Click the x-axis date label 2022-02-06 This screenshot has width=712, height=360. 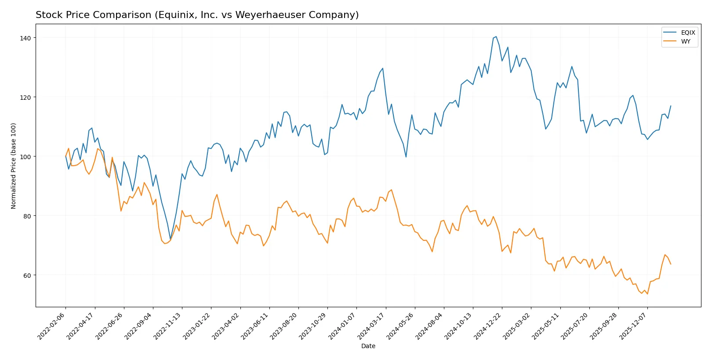pos(52,326)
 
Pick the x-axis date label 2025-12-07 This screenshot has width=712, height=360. pos(633,326)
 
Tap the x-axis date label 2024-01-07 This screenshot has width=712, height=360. pos(342,326)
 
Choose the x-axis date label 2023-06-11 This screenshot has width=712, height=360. pos(255,326)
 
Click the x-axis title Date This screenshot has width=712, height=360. pos(368,346)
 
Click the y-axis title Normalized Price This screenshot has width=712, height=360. pos(14,166)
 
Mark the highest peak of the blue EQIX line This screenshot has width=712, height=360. pos(496,36)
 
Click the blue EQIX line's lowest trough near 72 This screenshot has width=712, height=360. pos(171,240)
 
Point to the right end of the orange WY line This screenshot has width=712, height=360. pos(671,264)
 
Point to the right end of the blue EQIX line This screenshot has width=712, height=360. pos(671,105)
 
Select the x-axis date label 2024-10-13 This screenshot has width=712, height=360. pos(458,326)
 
